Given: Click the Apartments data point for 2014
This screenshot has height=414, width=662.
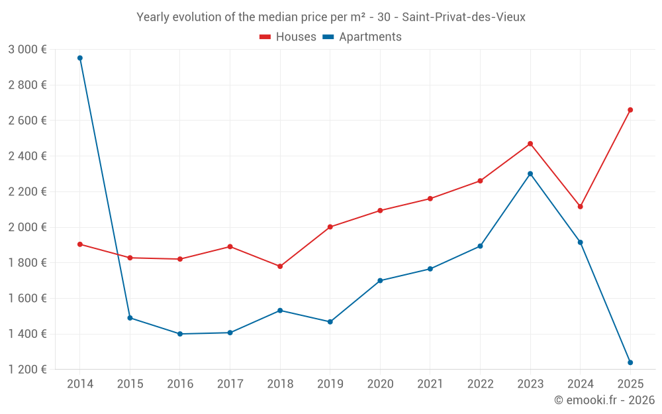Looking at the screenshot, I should coord(80,58).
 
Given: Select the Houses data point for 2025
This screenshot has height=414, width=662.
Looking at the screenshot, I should coord(630,110).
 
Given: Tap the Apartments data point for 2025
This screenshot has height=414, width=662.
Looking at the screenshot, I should coord(630,362).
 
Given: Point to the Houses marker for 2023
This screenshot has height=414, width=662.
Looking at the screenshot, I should coord(530,144).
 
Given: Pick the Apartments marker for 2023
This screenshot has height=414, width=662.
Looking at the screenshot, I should coord(530,174).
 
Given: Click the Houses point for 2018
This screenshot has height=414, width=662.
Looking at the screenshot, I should coord(280,266).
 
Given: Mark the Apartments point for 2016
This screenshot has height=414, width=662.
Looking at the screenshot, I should coord(180,334).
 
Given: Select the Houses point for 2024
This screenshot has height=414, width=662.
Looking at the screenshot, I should coord(581,207).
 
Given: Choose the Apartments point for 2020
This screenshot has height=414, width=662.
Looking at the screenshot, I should coord(380,280).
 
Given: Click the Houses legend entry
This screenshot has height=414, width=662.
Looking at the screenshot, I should coord(288,37).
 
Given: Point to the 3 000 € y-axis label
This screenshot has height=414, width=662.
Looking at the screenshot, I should coord(27,50).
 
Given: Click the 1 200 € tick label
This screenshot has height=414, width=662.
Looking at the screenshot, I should coord(27,370).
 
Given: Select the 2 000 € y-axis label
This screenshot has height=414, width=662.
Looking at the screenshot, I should coord(27,227).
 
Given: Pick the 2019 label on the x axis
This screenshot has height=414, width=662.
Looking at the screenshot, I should coord(330,384).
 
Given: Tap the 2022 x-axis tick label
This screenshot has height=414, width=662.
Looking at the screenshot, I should coord(480,384).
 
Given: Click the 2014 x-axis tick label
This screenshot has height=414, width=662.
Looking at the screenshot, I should coord(80,384).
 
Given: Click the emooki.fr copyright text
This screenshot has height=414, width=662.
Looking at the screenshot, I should coord(604,400).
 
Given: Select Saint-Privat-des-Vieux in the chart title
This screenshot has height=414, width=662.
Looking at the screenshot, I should coord(463,17).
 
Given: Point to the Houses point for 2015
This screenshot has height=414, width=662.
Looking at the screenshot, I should coord(130,258).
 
